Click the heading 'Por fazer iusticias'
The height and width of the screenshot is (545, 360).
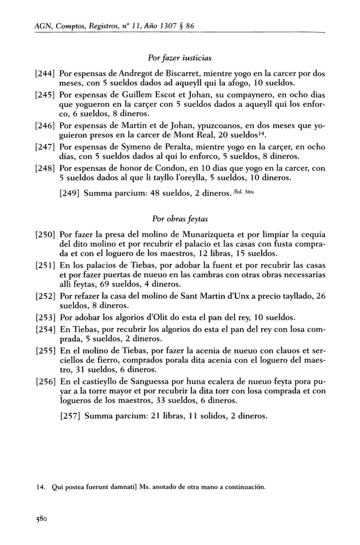(x=180, y=57)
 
